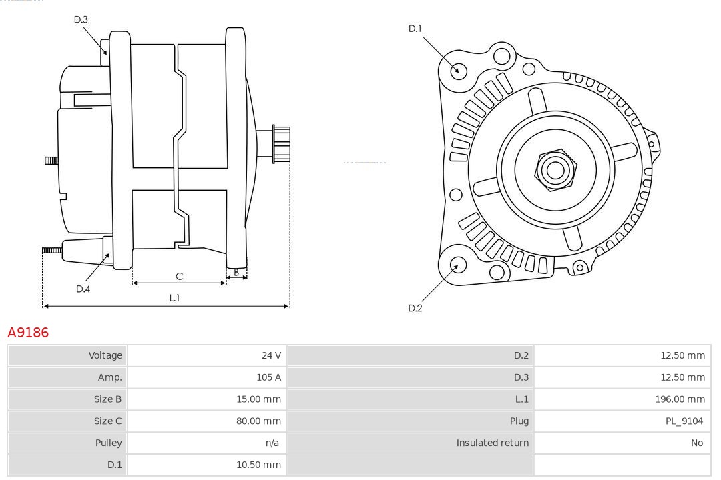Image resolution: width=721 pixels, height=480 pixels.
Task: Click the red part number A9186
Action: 28,332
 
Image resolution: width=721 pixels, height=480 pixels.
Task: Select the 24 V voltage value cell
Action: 271,355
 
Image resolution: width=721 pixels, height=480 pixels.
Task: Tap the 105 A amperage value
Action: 268,377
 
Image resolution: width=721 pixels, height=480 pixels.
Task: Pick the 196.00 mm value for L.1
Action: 680,399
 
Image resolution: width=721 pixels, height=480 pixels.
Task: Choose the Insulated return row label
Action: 492,443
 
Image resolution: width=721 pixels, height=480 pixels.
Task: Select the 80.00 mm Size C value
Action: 258,421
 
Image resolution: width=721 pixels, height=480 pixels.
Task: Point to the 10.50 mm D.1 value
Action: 258,465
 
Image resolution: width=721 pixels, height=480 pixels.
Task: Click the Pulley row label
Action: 108,443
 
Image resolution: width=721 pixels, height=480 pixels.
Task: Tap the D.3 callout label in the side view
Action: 81,20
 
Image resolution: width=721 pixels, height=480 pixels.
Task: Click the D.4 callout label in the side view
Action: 83,289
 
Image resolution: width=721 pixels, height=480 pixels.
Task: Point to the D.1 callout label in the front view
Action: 415,29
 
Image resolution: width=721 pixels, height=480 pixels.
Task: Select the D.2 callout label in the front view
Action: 415,308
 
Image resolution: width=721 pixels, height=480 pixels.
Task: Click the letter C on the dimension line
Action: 179,276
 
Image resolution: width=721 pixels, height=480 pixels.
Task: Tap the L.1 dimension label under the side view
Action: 174,298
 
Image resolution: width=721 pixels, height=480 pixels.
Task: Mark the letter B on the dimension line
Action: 236,272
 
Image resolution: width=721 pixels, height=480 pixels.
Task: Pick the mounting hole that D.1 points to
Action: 458,70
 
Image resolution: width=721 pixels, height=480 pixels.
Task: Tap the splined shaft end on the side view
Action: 280,144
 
